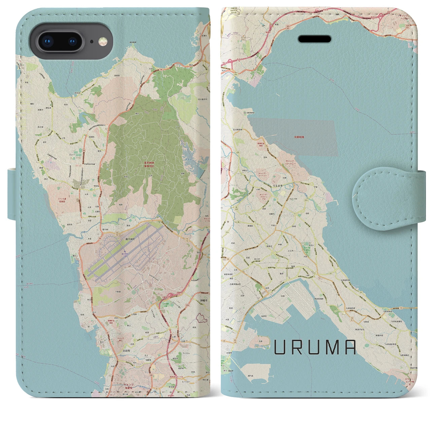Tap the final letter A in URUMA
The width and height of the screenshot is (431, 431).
point(350,347)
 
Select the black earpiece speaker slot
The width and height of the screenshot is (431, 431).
point(314,39)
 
